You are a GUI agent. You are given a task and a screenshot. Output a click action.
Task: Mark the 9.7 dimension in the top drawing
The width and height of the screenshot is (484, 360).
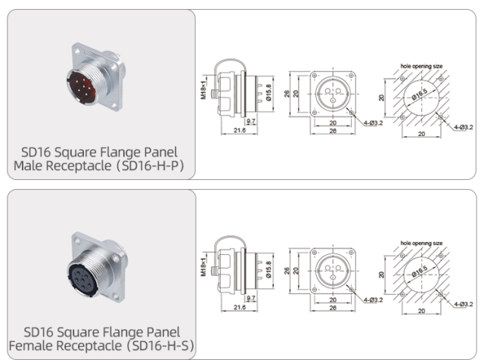[x=251, y=120]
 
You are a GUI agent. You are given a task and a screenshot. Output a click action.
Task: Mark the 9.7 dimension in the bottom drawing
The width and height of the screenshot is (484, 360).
[x=251, y=299]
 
